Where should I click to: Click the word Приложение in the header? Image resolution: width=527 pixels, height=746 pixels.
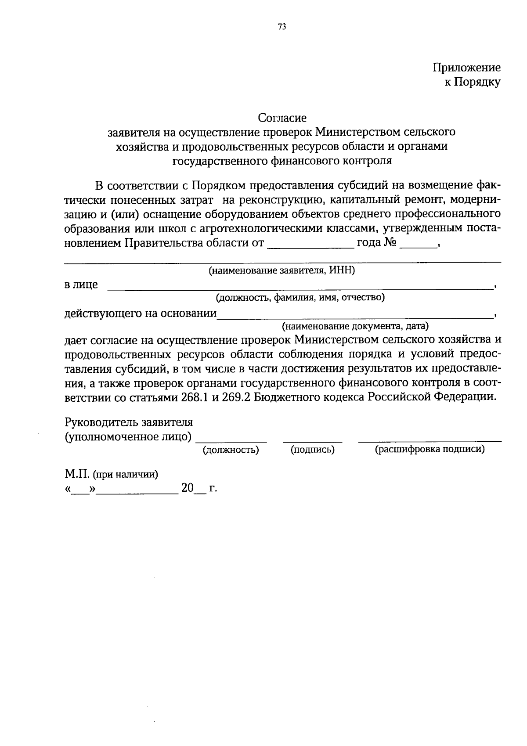[466, 68]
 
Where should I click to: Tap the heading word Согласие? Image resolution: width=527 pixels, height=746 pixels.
[282, 118]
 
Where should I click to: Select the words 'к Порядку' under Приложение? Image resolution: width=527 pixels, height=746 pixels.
[472, 82]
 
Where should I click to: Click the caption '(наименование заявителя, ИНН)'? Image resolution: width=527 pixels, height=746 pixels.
[282, 270]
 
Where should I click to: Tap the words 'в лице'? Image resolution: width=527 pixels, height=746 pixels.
[81, 285]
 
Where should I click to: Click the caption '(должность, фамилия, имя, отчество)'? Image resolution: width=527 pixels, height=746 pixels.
[300, 298]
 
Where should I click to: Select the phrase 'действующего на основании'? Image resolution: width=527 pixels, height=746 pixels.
[141, 313]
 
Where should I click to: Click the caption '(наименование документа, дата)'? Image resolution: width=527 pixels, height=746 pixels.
[355, 326]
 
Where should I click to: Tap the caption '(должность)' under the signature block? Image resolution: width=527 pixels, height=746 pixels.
[231, 450]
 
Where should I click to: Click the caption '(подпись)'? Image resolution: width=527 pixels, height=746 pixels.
[313, 450]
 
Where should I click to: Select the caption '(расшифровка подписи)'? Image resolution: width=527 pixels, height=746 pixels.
[430, 450]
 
